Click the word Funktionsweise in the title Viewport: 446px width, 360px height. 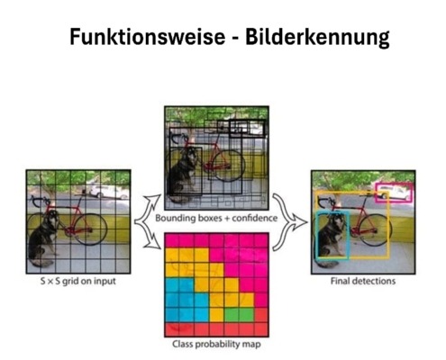148,37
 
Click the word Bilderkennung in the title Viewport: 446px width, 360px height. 317,37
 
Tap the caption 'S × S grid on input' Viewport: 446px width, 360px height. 78,281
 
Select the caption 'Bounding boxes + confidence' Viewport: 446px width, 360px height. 216,218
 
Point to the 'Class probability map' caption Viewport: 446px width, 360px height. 216,344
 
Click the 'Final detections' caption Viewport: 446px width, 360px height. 363,281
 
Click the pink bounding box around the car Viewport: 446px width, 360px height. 395,184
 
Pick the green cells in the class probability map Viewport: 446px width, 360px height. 239,315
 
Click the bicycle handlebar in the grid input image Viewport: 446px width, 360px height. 39,201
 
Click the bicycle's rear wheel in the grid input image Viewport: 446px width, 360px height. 91,229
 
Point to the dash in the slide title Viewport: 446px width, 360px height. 235,39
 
